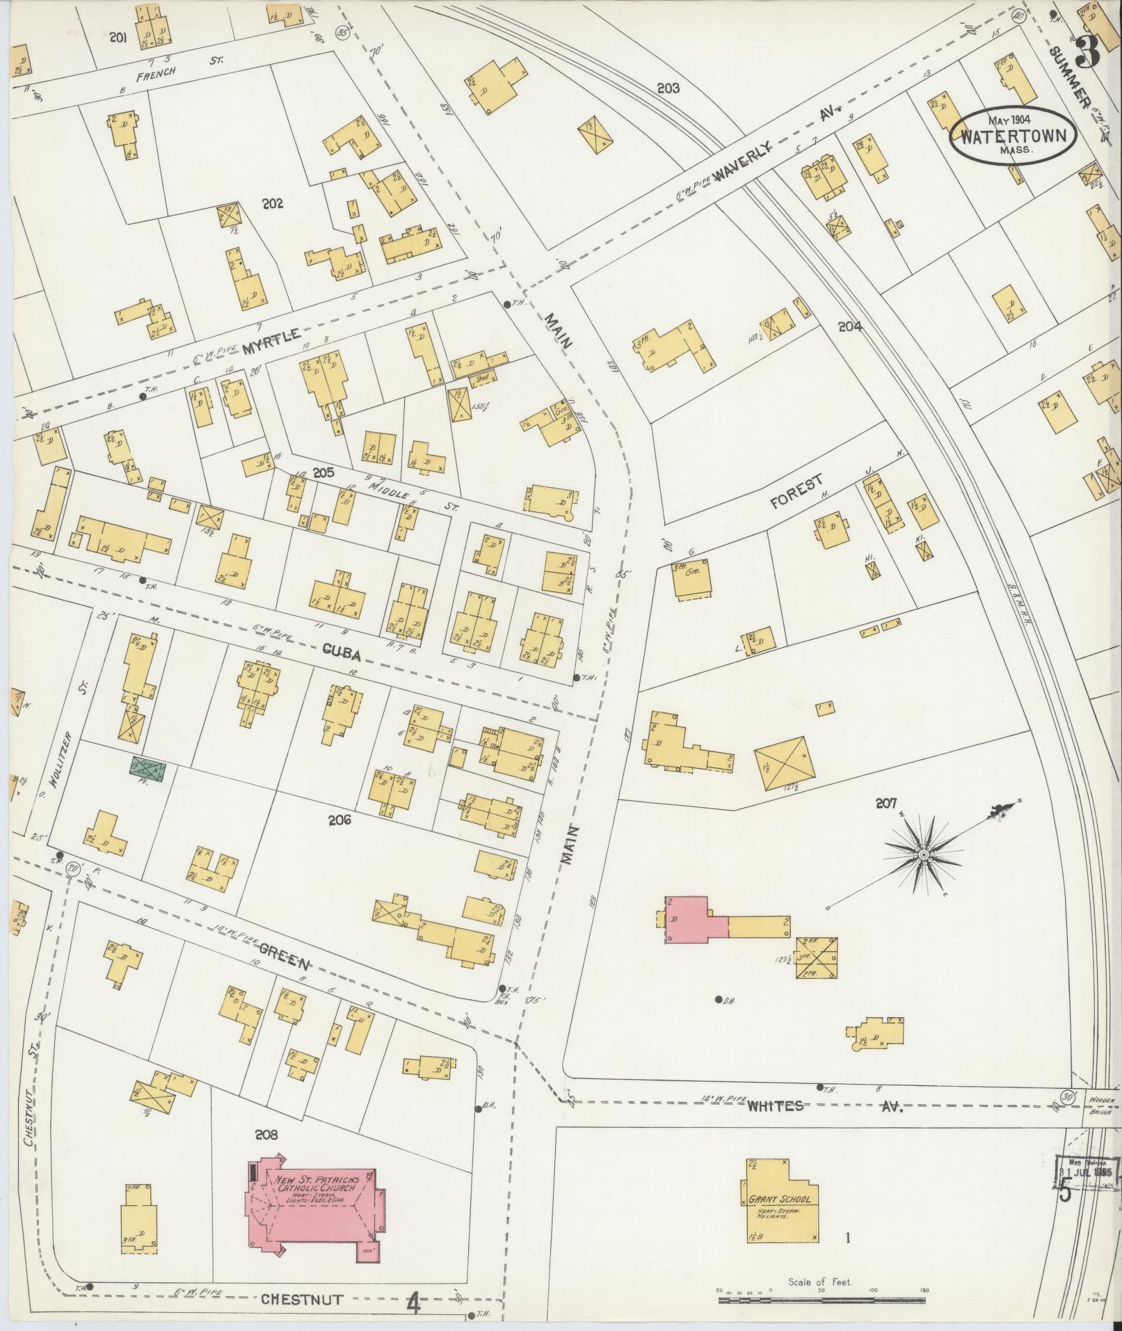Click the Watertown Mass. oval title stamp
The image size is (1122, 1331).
coord(1012,134)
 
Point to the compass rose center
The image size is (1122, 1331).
coord(924,854)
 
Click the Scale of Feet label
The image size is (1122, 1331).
coord(821,1282)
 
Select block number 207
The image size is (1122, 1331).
coord(885,804)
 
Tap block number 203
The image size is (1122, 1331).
coord(668,88)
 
